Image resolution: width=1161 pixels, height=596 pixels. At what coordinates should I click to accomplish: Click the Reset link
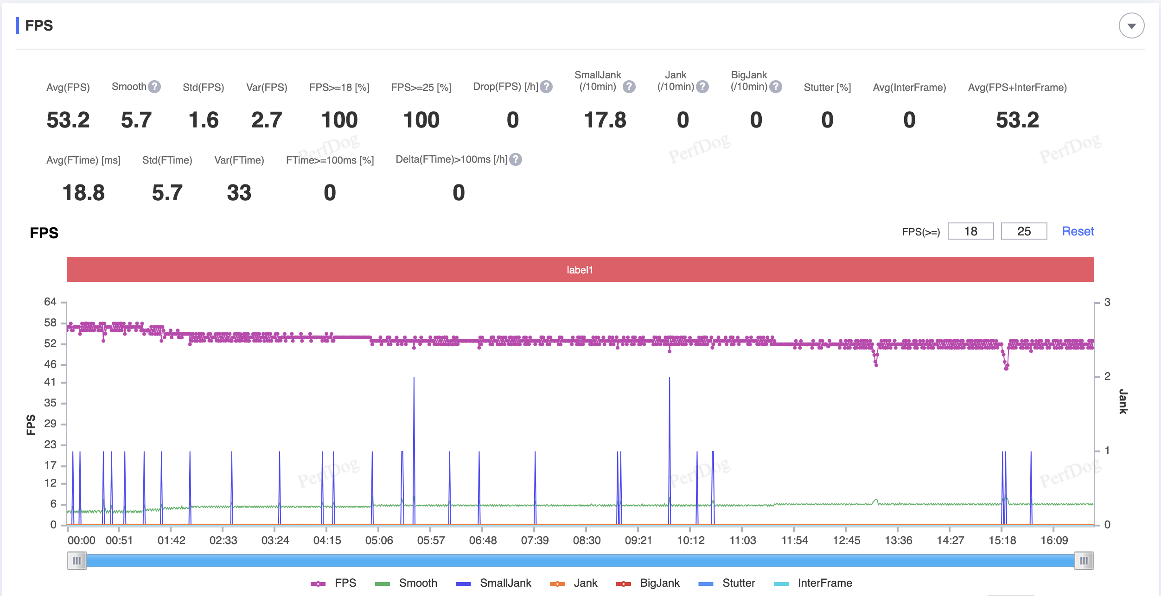[x=1078, y=231]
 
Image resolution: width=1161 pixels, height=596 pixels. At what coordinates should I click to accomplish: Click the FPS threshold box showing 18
[x=970, y=231]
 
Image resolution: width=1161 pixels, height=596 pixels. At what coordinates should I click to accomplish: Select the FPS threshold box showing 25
[x=1024, y=231]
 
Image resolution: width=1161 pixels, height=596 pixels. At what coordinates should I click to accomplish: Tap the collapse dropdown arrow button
[x=1131, y=25]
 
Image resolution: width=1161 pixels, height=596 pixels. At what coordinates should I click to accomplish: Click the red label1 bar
[x=580, y=269]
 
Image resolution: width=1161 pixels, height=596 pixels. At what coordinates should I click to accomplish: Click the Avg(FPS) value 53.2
[x=68, y=120]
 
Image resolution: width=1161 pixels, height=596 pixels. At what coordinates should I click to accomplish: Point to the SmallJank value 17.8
[x=605, y=120]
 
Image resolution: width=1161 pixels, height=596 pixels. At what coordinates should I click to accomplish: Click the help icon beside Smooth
[x=154, y=87]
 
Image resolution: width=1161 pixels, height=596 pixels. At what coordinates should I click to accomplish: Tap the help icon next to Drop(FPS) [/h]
[x=547, y=87]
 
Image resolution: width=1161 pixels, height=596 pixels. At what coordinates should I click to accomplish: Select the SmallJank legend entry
[x=494, y=583]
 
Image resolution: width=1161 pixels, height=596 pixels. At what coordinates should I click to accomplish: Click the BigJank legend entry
[x=648, y=583]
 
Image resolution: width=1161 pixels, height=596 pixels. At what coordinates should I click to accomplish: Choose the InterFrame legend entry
[x=813, y=583]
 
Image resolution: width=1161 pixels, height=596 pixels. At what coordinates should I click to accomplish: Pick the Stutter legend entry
[x=727, y=583]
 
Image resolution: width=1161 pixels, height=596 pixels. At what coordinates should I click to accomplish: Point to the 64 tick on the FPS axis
[x=50, y=302]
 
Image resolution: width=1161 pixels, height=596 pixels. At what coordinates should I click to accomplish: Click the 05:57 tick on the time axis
[x=431, y=540]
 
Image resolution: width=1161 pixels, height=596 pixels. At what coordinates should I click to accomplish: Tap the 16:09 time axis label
[x=1054, y=540]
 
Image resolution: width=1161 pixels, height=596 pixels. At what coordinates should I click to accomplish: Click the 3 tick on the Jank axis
[x=1107, y=302]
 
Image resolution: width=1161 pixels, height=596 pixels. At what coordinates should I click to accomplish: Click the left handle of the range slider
[x=77, y=561]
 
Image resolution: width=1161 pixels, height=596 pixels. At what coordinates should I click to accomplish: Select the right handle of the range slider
[x=1084, y=561]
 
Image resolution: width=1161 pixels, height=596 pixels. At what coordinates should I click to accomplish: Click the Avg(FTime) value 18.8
[x=83, y=193]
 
